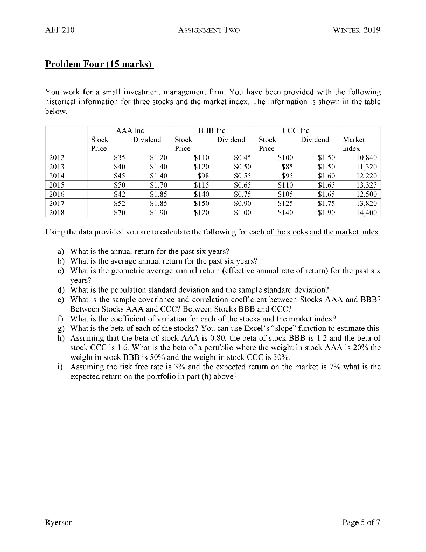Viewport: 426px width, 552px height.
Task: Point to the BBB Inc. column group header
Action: (x=213, y=130)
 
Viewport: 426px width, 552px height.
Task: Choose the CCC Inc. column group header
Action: (x=297, y=130)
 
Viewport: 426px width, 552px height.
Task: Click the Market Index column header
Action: (x=353, y=143)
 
